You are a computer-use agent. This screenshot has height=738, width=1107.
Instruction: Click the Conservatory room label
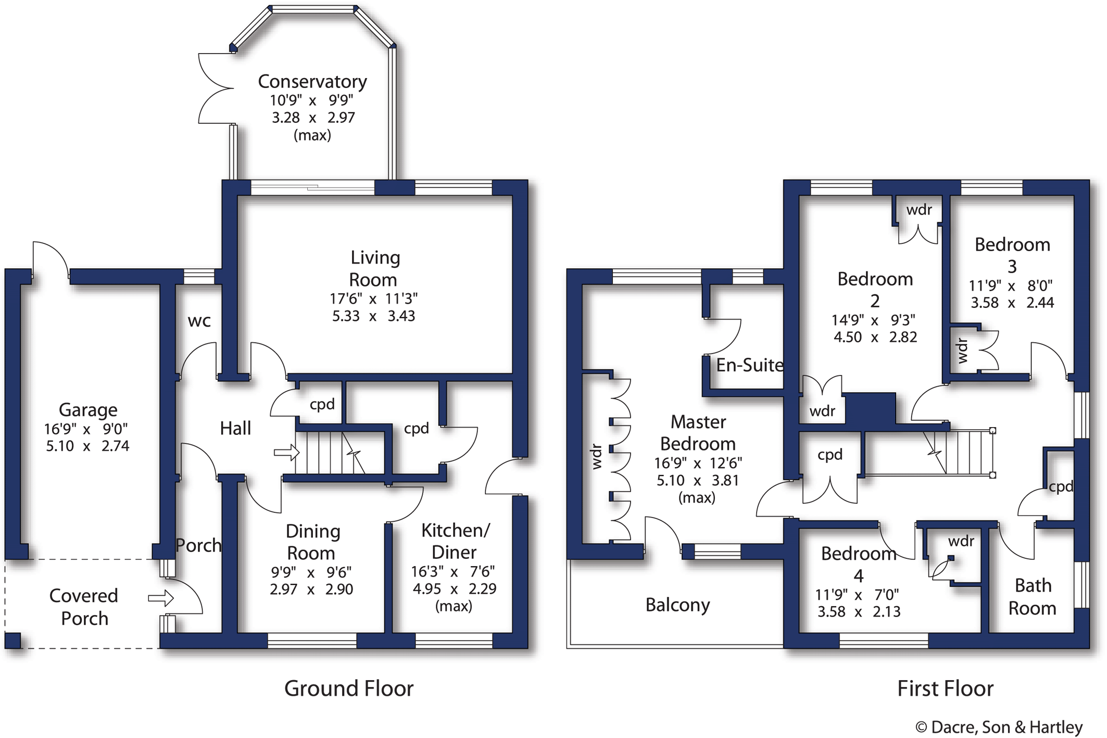312,82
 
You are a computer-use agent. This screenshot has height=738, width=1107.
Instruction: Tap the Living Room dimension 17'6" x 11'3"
373,299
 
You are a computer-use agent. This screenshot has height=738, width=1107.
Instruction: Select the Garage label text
88,410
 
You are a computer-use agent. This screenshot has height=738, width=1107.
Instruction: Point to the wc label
199,321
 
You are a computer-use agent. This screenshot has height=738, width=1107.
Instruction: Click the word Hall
235,429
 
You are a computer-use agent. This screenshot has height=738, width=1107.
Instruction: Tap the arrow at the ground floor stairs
286,453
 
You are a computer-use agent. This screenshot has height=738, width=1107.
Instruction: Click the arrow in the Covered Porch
160,598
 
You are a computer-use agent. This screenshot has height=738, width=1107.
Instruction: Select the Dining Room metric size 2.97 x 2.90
311,590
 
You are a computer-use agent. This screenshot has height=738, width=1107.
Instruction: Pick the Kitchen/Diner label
455,541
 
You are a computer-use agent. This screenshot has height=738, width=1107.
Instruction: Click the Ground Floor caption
349,689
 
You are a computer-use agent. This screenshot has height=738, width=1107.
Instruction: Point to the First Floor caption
945,689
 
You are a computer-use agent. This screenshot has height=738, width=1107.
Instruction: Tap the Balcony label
677,605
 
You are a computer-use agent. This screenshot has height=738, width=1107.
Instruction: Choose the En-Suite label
749,365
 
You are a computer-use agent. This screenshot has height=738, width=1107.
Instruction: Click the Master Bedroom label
698,433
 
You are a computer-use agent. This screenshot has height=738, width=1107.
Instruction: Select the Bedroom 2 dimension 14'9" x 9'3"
875,320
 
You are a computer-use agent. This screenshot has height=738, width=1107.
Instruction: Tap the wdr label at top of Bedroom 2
919,210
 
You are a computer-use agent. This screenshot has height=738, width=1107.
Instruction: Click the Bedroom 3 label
1012,255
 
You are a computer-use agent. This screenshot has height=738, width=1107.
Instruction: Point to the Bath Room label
1033,597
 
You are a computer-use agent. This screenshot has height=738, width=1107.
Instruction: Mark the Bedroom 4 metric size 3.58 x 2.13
859,611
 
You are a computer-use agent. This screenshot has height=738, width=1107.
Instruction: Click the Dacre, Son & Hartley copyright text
999,727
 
